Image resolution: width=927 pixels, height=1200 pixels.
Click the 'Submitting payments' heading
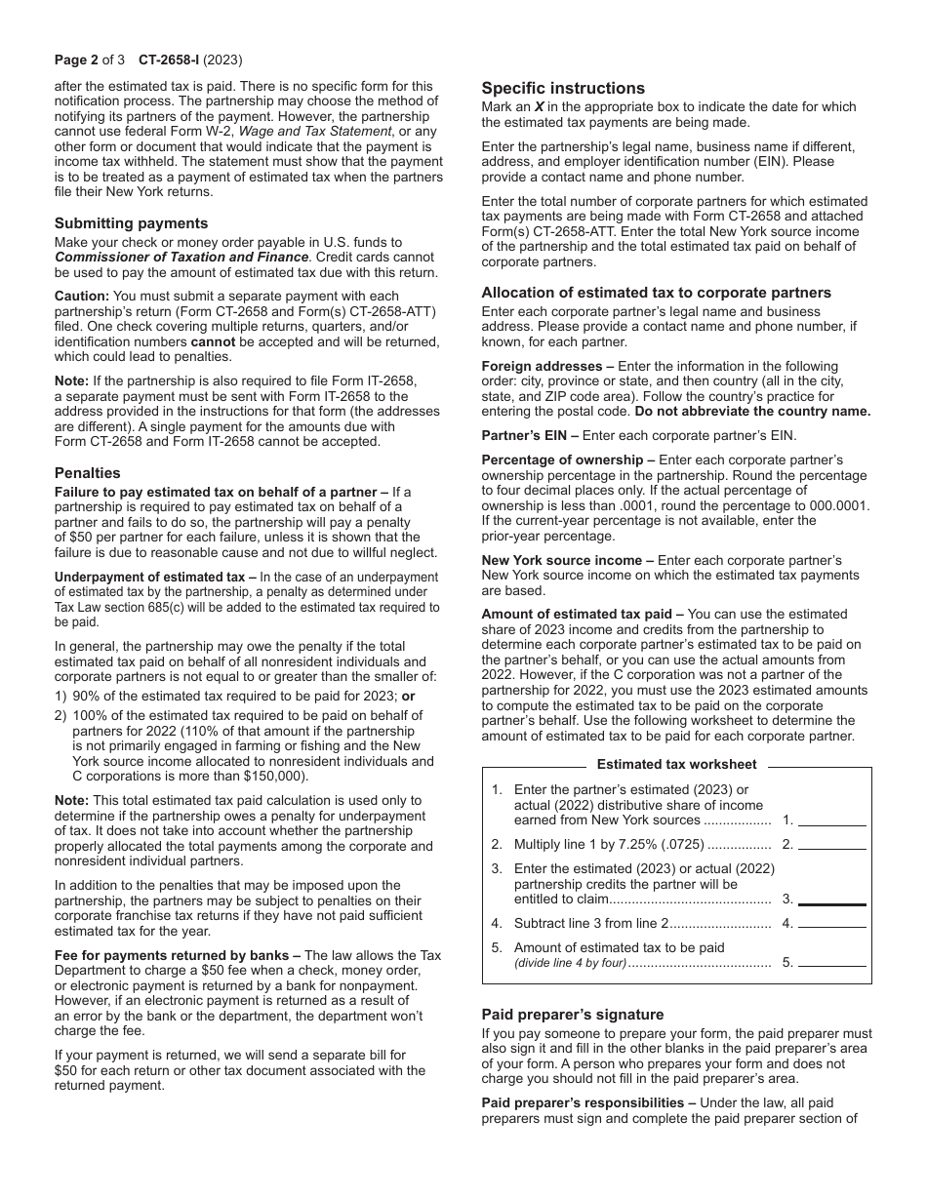[131, 223]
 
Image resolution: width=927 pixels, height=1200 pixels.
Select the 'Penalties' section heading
[86, 473]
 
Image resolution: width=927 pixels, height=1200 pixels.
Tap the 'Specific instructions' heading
[563, 88]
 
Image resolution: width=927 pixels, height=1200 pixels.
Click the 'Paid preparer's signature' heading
[572, 1015]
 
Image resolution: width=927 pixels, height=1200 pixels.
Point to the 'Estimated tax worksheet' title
[676, 765]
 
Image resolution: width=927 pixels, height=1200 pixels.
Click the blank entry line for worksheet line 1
[832, 820]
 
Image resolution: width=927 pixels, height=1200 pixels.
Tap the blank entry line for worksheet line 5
[832, 962]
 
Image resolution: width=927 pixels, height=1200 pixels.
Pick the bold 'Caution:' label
[82, 296]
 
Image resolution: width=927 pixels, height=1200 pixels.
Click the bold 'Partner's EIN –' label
[530, 436]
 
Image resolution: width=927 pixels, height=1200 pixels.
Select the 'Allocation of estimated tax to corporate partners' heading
[656, 293]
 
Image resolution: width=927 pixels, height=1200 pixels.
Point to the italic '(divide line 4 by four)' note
[570, 963]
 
